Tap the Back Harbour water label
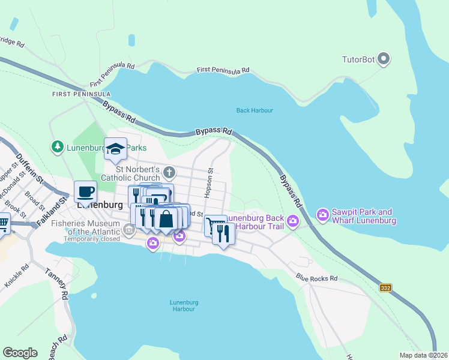(x=255, y=110)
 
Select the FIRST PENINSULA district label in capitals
(x=81, y=94)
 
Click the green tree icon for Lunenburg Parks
(x=57, y=146)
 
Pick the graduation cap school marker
(x=115, y=149)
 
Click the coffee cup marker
(x=85, y=191)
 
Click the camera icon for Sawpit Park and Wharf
(x=323, y=214)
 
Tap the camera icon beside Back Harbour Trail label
(x=293, y=221)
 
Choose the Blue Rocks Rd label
(x=317, y=278)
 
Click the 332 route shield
(x=386, y=288)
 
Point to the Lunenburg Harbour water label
(x=182, y=305)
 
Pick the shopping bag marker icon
(x=166, y=218)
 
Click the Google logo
(x=20, y=353)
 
